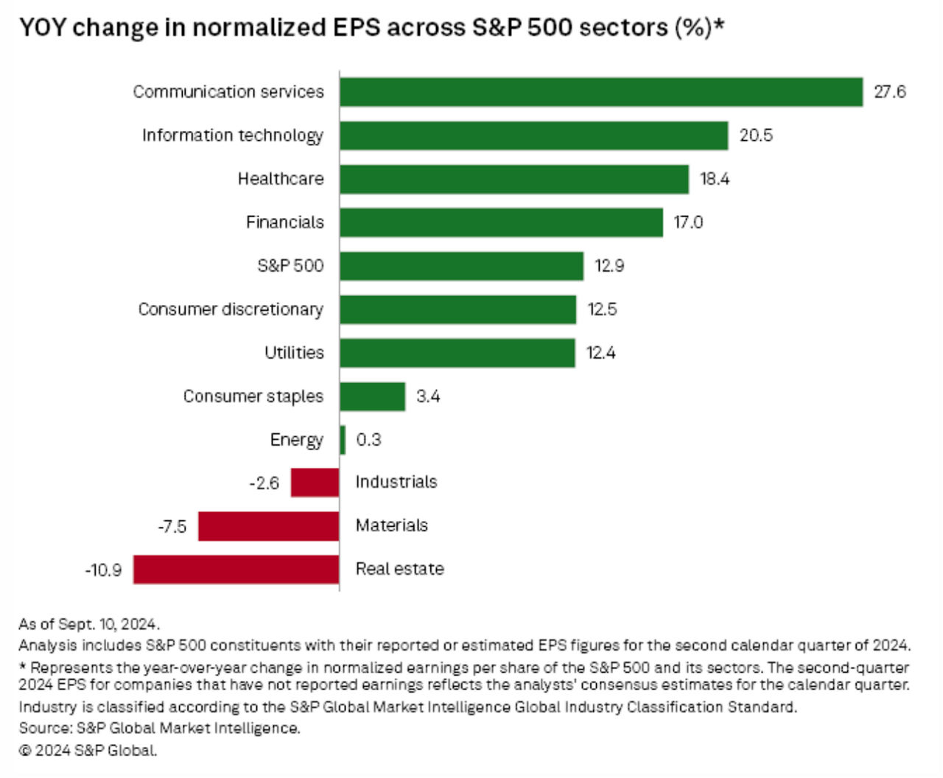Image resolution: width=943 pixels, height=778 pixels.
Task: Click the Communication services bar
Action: tap(600, 92)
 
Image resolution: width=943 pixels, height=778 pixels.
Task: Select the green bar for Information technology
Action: tap(533, 136)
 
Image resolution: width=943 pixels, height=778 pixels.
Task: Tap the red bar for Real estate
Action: tap(236, 570)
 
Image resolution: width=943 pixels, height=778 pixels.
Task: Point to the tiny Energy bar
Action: tap(343, 440)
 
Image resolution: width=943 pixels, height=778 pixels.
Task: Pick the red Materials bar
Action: tap(268, 526)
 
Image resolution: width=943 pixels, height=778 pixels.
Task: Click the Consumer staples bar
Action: tap(372, 396)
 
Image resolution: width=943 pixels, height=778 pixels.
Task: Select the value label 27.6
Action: tap(889, 92)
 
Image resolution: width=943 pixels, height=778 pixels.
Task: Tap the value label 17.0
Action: tap(688, 222)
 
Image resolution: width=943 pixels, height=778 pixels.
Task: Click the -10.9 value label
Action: tap(103, 570)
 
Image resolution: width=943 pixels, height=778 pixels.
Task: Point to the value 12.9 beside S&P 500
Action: tap(609, 266)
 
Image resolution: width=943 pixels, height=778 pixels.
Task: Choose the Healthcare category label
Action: tap(280, 179)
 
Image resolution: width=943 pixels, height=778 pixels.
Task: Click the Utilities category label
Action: tap(294, 353)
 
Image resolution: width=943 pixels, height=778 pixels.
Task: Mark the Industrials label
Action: tap(396, 482)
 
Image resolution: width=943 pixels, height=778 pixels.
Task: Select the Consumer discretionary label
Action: tap(231, 309)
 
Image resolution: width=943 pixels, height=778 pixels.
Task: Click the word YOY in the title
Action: tap(42, 28)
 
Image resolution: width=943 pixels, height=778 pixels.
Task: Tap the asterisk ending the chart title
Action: tap(719, 24)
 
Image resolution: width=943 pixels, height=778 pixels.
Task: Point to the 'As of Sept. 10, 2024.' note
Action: tap(88, 624)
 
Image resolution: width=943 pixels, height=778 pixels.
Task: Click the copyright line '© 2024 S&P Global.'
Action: tap(88, 751)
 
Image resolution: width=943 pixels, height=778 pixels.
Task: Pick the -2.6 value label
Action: tap(264, 483)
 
